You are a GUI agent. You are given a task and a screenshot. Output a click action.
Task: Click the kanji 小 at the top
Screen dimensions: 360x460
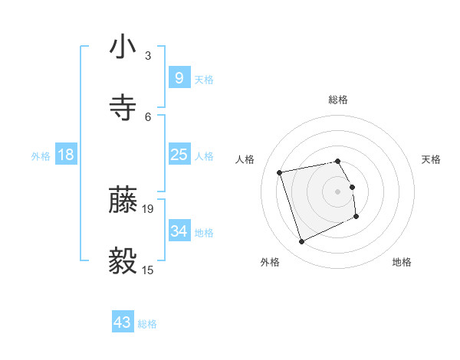[123, 47]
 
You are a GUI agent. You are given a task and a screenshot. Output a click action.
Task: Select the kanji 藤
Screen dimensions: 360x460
[123, 200]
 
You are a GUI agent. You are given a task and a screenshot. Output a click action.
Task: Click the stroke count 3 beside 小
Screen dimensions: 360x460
[148, 56]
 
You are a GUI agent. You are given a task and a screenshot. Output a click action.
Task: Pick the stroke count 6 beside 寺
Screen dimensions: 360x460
[148, 116]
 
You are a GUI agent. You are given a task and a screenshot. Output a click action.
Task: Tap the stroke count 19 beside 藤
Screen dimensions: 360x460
[149, 208]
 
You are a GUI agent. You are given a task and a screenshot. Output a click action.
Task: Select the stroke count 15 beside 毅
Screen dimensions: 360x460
[149, 270]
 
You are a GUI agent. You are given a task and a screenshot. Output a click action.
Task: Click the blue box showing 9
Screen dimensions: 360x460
[179, 77]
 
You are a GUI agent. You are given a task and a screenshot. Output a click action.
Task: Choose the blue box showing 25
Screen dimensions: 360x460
[179, 155]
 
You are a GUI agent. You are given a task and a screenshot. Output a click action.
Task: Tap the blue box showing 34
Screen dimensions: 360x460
[179, 231]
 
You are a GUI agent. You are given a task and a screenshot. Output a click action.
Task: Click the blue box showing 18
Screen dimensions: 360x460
[66, 155]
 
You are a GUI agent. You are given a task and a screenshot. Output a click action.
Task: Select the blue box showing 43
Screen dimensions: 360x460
[123, 322]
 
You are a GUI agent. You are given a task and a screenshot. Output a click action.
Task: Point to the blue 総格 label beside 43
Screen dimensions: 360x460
[147, 324]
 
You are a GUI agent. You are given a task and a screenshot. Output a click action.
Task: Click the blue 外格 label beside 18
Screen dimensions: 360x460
[41, 156]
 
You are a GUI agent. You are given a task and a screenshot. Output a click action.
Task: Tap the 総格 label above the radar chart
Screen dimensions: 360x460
[338, 100]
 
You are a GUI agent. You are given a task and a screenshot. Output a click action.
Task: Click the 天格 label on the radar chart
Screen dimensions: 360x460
[432, 159]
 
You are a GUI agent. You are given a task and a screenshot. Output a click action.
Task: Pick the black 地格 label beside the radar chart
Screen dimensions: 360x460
[402, 262]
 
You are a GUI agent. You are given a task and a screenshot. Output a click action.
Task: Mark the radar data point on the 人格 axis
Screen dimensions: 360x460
[280, 172]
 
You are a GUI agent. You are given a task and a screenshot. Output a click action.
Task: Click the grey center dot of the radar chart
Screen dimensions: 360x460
[338, 190]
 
